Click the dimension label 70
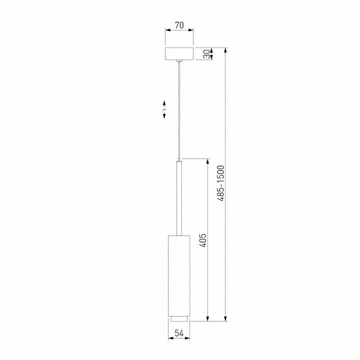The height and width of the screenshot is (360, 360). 179,25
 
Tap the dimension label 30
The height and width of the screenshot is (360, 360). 207,54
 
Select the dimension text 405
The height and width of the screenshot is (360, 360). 203,240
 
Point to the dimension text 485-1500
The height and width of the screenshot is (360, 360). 220,183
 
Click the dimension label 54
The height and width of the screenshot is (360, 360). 179,333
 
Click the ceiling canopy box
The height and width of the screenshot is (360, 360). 179,53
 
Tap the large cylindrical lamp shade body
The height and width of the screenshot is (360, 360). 179,275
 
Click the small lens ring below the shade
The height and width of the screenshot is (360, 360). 179,318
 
